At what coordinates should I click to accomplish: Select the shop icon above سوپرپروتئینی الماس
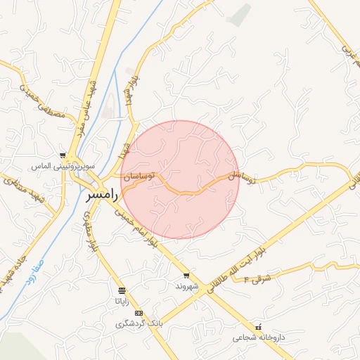tap(63, 156)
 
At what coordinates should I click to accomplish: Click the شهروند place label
tap(186, 286)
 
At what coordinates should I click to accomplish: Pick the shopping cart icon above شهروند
tap(186, 276)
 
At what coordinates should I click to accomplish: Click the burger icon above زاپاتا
tap(122, 290)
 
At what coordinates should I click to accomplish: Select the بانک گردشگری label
tap(139, 324)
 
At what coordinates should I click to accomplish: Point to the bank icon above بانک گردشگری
tap(139, 313)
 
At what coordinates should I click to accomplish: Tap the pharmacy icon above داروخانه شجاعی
tap(259, 327)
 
